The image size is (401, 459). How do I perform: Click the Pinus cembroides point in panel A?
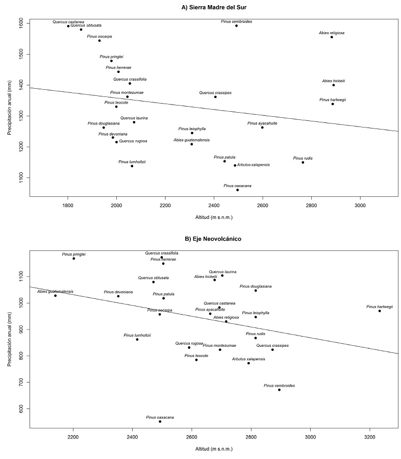(236, 25)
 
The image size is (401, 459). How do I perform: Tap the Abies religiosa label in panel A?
(332, 33)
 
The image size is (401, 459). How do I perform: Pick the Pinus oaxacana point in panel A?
(238, 190)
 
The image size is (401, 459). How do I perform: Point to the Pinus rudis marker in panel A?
(303, 162)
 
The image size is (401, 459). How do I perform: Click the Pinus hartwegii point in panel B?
(380, 311)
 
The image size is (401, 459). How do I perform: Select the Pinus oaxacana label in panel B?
(160, 417)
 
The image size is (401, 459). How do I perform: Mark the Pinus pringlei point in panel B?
(74, 259)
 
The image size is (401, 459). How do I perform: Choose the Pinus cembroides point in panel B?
(279, 390)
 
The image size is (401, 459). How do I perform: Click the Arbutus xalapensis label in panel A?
(253, 165)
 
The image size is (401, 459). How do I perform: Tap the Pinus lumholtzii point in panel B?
(137, 340)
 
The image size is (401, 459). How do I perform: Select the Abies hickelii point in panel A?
(334, 85)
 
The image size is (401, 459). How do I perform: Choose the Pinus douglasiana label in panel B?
(255, 286)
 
